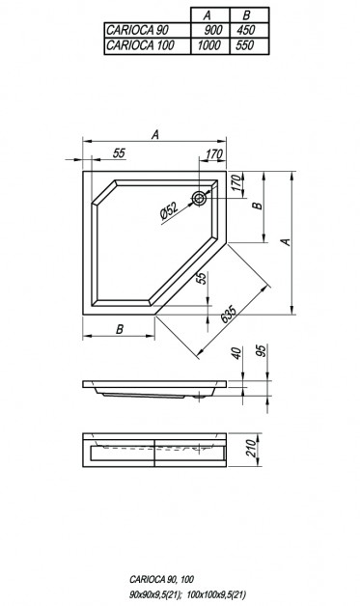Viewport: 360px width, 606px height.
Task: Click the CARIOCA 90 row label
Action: (137, 30)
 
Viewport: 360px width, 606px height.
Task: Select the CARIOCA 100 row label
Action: (140, 45)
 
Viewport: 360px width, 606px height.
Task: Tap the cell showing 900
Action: (212, 30)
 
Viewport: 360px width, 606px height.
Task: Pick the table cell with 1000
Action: (208, 45)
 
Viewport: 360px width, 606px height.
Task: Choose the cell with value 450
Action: (245, 30)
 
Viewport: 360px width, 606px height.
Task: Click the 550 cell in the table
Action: (245, 45)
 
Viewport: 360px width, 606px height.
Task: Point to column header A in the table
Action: (208, 15)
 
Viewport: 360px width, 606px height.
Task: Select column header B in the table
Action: (246, 15)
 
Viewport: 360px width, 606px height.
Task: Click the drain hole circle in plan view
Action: (199, 199)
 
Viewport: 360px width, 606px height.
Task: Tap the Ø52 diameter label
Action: (169, 211)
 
